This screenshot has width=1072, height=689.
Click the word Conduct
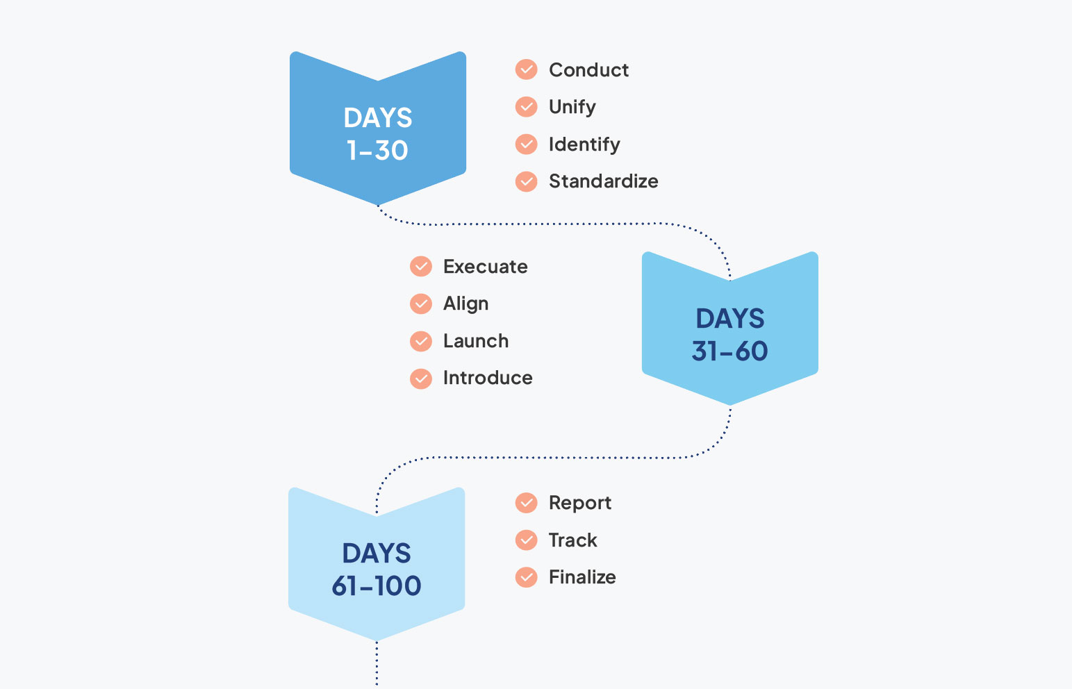tap(588, 70)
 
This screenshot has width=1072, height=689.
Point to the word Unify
tap(572, 107)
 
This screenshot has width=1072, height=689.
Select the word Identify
tap(584, 144)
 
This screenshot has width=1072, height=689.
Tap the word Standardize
tap(603, 181)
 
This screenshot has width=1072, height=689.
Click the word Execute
tap(485, 267)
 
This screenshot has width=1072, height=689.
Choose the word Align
tap(465, 304)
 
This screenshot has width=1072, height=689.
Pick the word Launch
tap(476, 341)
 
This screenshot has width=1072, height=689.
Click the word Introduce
tap(488, 378)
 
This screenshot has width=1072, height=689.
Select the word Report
tap(580, 503)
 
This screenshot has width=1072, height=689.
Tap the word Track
tap(572, 540)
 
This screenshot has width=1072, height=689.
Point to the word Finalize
tap(582, 577)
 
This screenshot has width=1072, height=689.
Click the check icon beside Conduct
tap(527, 69)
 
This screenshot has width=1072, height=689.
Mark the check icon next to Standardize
tap(527, 181)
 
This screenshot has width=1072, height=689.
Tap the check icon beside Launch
tap(421, 341)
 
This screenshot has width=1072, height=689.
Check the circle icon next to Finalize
tap(527, 577)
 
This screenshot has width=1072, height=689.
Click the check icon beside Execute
tap(421, 267)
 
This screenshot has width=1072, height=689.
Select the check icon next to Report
tap(527, 503)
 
